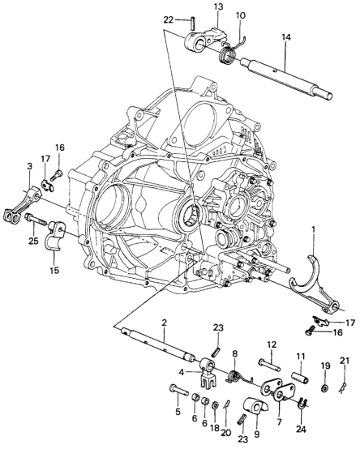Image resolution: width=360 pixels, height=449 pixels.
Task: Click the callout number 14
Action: click(285, 37)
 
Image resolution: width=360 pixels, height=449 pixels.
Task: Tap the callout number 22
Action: click(169, 19)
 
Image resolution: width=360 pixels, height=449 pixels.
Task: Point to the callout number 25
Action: click(33, 241)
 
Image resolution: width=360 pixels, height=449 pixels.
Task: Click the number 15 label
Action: click(54, 270)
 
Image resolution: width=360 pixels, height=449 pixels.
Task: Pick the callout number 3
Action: click(30, 166)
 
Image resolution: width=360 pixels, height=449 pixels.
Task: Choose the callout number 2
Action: click(164, 323)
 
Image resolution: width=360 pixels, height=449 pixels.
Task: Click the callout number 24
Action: click(301, 430)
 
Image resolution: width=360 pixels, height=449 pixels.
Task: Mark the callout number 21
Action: click(345, 361)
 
